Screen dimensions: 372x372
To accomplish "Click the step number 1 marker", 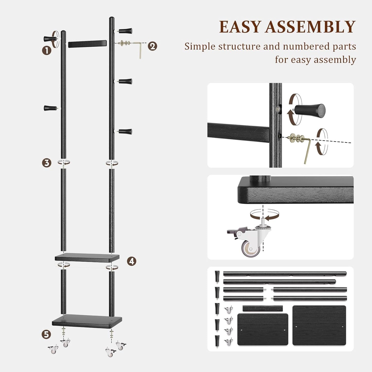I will tap(47, 50).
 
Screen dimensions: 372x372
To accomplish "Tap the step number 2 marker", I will tap(152, 46).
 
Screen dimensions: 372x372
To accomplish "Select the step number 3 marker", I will tap(47, 163).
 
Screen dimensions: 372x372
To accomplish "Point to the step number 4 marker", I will tap(132, 261).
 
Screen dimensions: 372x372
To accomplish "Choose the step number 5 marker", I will tap(46, 334).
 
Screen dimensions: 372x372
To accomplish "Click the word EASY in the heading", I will tap(240, 27).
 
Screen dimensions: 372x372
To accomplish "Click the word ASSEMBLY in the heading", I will tap(310, 27).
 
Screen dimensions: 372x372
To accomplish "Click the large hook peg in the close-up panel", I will tap(310, 110).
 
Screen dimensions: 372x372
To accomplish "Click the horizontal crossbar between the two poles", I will tap(88, 44).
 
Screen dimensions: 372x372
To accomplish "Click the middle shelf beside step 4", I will tap(87, 257).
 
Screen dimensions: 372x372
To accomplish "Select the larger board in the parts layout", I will tap(319, 325).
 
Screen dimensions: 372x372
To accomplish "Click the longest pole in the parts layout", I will tap(284, 273).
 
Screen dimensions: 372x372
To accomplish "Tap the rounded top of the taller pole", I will tap(111, 19).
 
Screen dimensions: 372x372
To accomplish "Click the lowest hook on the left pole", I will tap(49, 108).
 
